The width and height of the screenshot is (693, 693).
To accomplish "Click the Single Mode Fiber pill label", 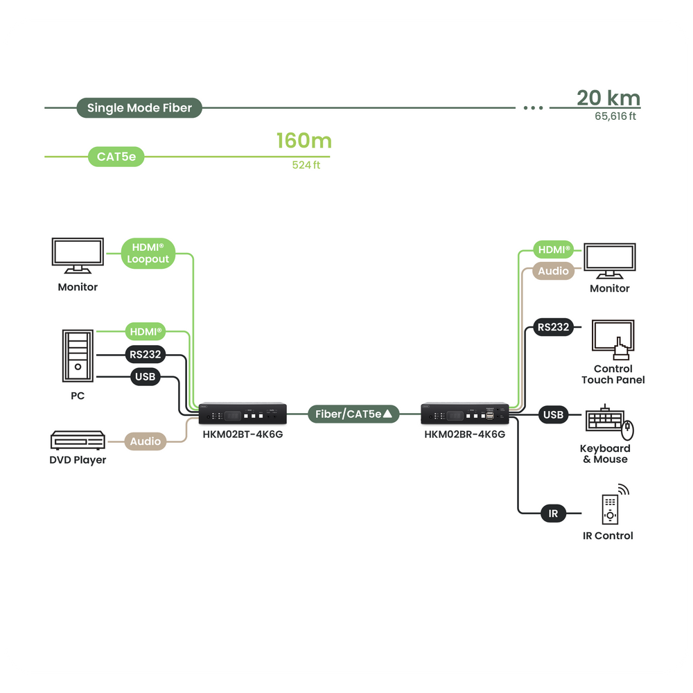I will point(139,108).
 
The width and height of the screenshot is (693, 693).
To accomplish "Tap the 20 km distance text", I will point(608,98).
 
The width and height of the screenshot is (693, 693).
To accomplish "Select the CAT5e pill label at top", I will point(116,157).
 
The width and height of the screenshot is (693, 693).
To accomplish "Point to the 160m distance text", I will point(304,141).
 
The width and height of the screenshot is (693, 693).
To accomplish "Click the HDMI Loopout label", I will point(148,253).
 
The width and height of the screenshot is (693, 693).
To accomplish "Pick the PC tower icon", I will point(78,355).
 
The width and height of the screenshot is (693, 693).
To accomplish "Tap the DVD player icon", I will point(78,441).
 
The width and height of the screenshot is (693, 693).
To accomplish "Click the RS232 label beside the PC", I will point(145,356).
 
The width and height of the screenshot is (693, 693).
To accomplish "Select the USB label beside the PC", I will point(146,377).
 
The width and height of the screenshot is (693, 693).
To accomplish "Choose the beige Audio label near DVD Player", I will point(146,441).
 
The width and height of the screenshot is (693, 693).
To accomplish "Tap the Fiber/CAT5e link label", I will point(354,414).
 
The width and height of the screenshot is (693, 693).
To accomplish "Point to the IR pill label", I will point(553,514).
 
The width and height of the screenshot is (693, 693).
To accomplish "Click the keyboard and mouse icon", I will point(609,425).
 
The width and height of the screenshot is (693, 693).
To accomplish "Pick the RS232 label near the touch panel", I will point(553,327).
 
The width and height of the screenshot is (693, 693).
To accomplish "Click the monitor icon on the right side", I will point(610,261).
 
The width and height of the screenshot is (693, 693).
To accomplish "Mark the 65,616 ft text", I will point(615,116).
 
